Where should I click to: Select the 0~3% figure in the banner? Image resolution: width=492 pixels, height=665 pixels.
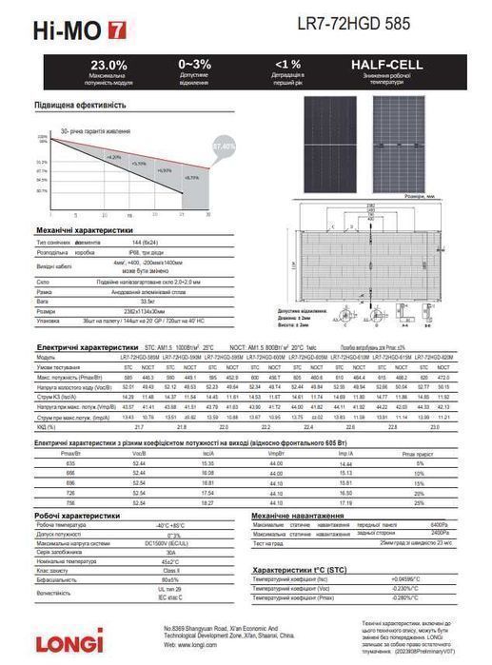(194, 64)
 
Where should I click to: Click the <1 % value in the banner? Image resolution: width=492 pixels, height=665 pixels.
(287, 64)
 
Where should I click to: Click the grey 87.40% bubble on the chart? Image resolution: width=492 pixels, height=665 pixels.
(224, 147)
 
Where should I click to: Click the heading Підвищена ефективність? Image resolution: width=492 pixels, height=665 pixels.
(81, 105)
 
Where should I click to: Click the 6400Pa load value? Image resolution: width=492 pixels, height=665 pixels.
(440, 524)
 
